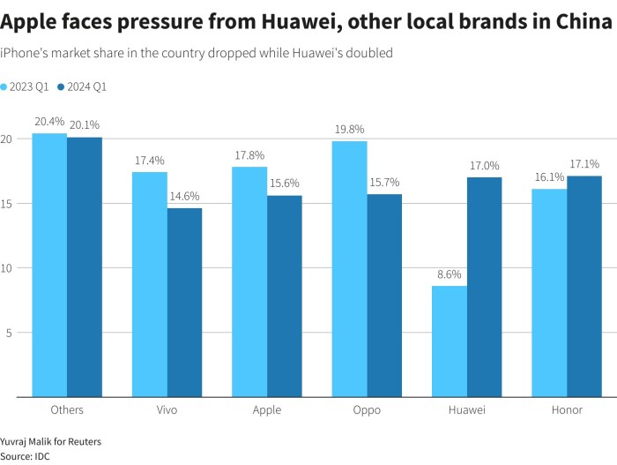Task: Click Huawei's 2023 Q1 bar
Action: point(450,341)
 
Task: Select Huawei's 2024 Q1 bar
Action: point(484,287)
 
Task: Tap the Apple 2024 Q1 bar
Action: point(284,296)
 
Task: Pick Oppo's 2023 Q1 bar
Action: point(350,269)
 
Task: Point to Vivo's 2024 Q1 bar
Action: point(184,303)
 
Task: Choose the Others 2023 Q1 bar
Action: point(49,265)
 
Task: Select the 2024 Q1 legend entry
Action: point(82,87)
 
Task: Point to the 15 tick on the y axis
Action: point(6,204)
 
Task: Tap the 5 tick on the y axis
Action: point(6,333)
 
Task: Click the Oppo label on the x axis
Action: point(367,409)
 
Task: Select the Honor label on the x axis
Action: point(566,409)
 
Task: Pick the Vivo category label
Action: point(167,409)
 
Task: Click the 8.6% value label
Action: point(450,274)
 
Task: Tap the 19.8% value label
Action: point(350,130)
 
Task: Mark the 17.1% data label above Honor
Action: point(584,164)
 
